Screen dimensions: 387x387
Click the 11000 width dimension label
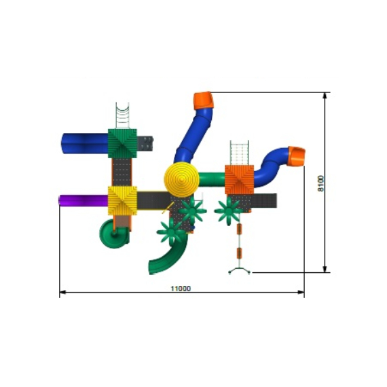[181, 288]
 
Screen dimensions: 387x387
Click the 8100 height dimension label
[321, 184]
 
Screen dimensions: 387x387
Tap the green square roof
[122, 143]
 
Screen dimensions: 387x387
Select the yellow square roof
[122, 200]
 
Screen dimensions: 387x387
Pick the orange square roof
[239, 180]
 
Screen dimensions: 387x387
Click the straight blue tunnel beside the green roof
[84, 143]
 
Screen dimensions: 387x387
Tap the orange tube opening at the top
[203, 100]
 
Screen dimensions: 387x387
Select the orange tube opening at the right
[297, 156]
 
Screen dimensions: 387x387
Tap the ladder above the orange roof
[239, 151]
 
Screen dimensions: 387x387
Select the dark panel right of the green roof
[146, 143]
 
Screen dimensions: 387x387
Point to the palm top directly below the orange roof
[227, 211]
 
